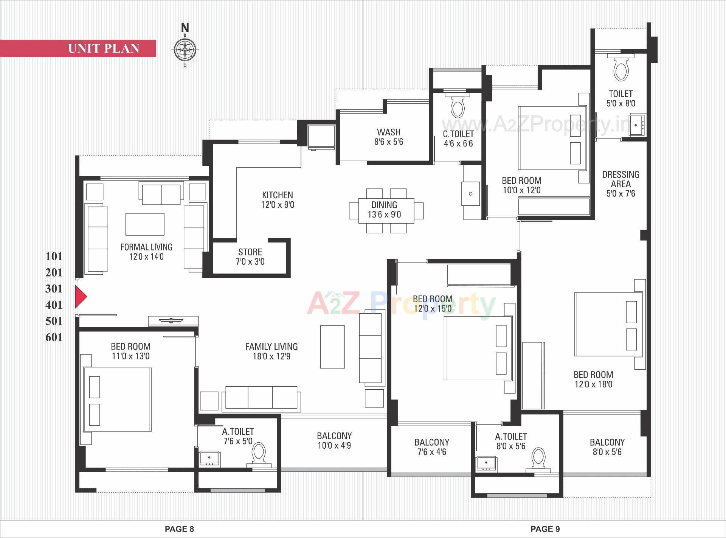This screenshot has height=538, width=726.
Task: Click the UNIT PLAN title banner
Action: tap(104, 48)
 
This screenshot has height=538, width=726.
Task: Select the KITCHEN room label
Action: tap(277, 195)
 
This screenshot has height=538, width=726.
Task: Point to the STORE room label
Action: tap(250, 252)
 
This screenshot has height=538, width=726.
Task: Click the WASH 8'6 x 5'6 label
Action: tap(389, 137)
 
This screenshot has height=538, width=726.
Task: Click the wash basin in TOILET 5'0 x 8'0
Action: tap(638, 124)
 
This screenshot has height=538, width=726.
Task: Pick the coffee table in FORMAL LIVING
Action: tap(145, 224)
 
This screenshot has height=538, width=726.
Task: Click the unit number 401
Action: tap(54, 305)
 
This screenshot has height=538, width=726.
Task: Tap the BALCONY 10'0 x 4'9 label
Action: tap(334, 440)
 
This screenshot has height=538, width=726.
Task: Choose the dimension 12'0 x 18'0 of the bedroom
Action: tap(593, 384)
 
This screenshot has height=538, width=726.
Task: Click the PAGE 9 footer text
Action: tap(545, 529)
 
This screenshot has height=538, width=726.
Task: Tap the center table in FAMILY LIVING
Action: tap(332, 347)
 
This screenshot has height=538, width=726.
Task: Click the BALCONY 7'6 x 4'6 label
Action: tap(432, 447)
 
